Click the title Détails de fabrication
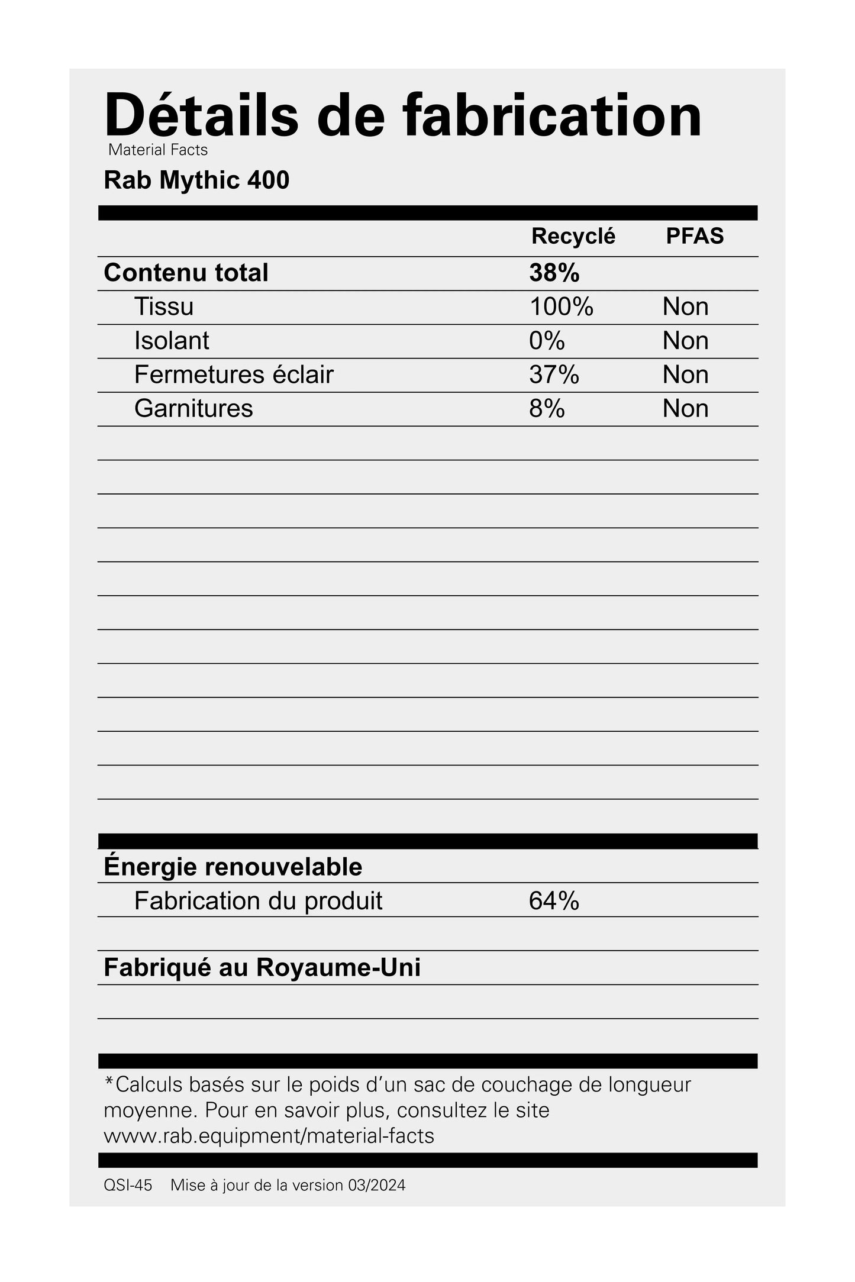click(402, 115)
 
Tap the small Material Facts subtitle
click(158, 150)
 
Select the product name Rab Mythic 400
click(196, 180)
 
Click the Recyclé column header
click(573, 236)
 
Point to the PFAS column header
click(695, 236)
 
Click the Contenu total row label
click(186, 273)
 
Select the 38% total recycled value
click(554, 273)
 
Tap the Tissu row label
click(164, 306)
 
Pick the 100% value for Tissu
click(561, 306)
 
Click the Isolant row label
click(172, 341)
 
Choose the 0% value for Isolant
click(547, 341)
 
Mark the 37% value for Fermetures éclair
click(554, 374)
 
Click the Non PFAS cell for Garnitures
click(685, 409)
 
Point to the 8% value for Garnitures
click(547, 409)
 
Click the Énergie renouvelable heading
click(233, 867)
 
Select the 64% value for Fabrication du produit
click(554, 901)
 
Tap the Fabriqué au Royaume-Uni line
click(262, 968)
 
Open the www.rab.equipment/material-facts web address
click(269, 1136)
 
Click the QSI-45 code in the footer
click(128, 1186)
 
